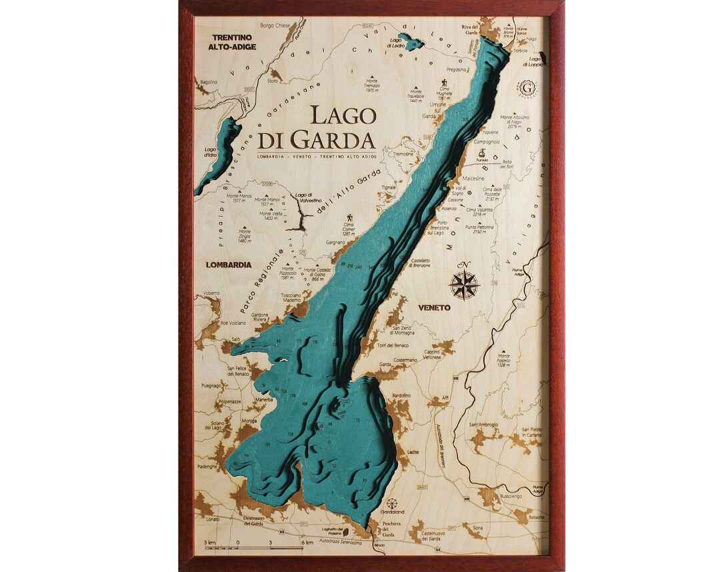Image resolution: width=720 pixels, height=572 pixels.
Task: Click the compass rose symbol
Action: tap(464, 283)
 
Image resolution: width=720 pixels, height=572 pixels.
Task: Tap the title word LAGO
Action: tap(343, 115)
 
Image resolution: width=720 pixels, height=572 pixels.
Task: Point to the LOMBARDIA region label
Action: tap(229, 265)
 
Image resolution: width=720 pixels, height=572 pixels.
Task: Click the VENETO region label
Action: tap(434, 307)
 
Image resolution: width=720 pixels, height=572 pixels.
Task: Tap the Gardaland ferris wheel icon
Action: tap(392, 503)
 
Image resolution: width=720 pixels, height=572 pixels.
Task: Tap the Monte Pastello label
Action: tap(503, 360)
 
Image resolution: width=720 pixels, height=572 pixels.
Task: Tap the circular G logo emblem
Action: tap(528, 87)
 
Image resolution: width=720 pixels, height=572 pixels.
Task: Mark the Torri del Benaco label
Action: tap(391, 345)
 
